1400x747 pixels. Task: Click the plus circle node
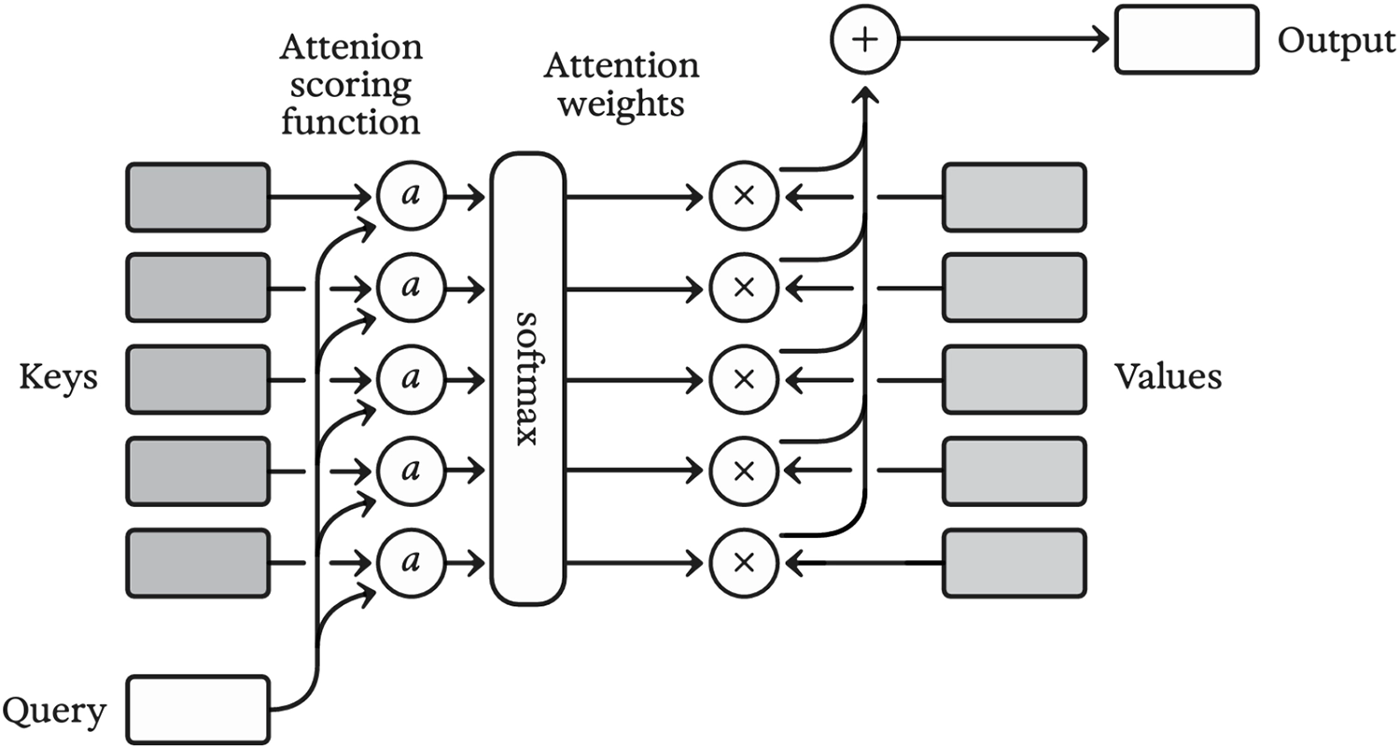click(863, 41)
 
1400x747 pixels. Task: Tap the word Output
click(1337, 42)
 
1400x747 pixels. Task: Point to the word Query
click(55, 712)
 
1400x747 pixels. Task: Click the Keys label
click(59, 378)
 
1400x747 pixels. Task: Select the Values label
click(1168, 377)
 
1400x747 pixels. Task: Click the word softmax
click(527, 379)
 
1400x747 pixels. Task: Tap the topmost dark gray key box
click(198, 197)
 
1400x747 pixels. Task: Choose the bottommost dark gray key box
click(198, 563)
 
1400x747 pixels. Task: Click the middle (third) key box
click(198, 380)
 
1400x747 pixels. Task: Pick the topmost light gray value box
click(1015, 197)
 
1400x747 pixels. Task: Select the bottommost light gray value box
click(1015, 563)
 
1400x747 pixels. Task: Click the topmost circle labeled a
click(409, 197)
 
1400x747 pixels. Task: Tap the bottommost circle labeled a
click(409, 563)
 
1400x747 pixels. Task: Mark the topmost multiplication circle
click(744, 197)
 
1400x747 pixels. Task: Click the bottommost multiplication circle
click(744, 563)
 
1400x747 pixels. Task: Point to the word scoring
click(350, 86)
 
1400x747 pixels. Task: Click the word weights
click(620, 102)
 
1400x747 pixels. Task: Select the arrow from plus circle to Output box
click(1003, 41)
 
